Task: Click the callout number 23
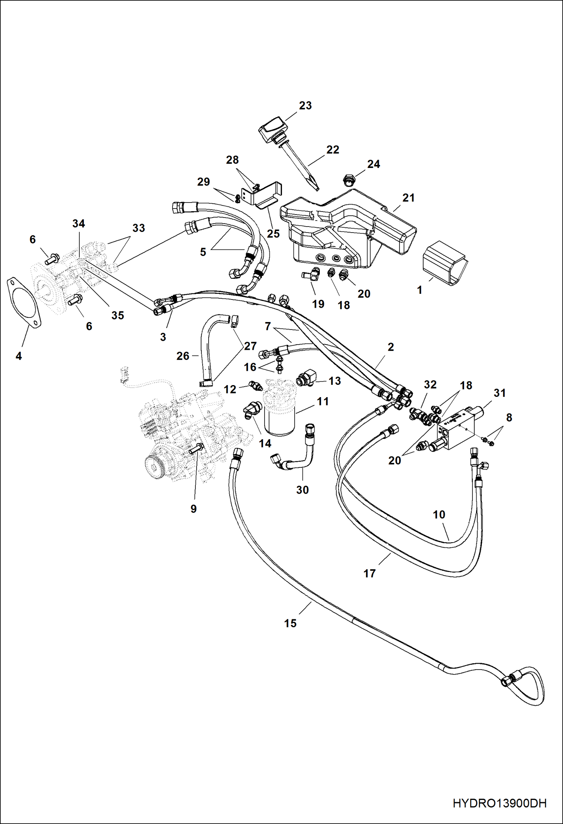click(x=305, y=106)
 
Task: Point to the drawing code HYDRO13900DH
click(x=499, y=803)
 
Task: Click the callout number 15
click(x=290, y=623)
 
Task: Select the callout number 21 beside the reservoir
click(x=408, y=198)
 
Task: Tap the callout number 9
click(x=193, y=509)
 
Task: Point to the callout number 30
click(x=302, y=490)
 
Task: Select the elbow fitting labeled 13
click(x=307, y=378)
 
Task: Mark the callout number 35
click(x=117, y=315)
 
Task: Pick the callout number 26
click(x=183, y=356)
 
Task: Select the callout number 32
click(x=430, y=384)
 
